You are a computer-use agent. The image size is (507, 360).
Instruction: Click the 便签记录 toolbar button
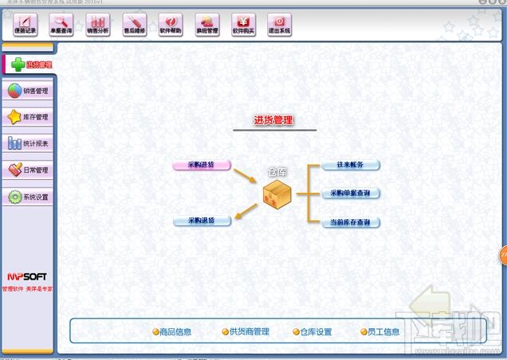point(26,25)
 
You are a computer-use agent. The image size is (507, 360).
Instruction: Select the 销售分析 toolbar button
point(97,25)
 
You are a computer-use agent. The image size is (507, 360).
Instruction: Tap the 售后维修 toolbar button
point(135,25)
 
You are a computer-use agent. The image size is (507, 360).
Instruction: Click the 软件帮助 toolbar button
point(171,25)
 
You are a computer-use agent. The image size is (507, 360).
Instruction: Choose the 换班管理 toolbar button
point(206,25)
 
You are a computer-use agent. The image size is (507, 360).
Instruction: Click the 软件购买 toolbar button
point(243,25)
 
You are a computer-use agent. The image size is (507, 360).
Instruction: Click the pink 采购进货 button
point(202,166)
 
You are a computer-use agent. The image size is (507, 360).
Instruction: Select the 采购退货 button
point(202,221)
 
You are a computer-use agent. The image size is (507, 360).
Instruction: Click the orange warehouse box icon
point(277,194)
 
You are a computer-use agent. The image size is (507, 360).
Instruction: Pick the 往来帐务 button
point(350,165)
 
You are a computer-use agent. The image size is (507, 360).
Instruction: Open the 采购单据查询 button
point(350,194)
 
